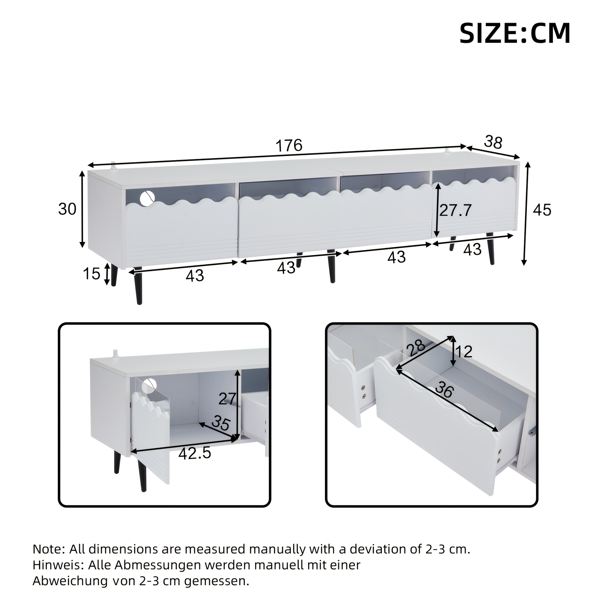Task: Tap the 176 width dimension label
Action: click(289, 145)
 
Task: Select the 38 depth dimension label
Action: click(493, 142)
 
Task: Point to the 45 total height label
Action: click(542, 210)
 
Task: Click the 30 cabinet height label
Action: click(67, 209)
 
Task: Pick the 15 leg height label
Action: click(92, 274)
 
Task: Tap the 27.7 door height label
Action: click(456, 211)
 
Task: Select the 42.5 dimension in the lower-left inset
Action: click(195, 453)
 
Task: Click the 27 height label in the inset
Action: click(227, 399)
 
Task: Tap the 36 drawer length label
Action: click(444, 390)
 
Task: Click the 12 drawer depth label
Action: click(465, 352)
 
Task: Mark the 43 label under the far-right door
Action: click(472, 249)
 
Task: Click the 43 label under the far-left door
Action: click(195, 276)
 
